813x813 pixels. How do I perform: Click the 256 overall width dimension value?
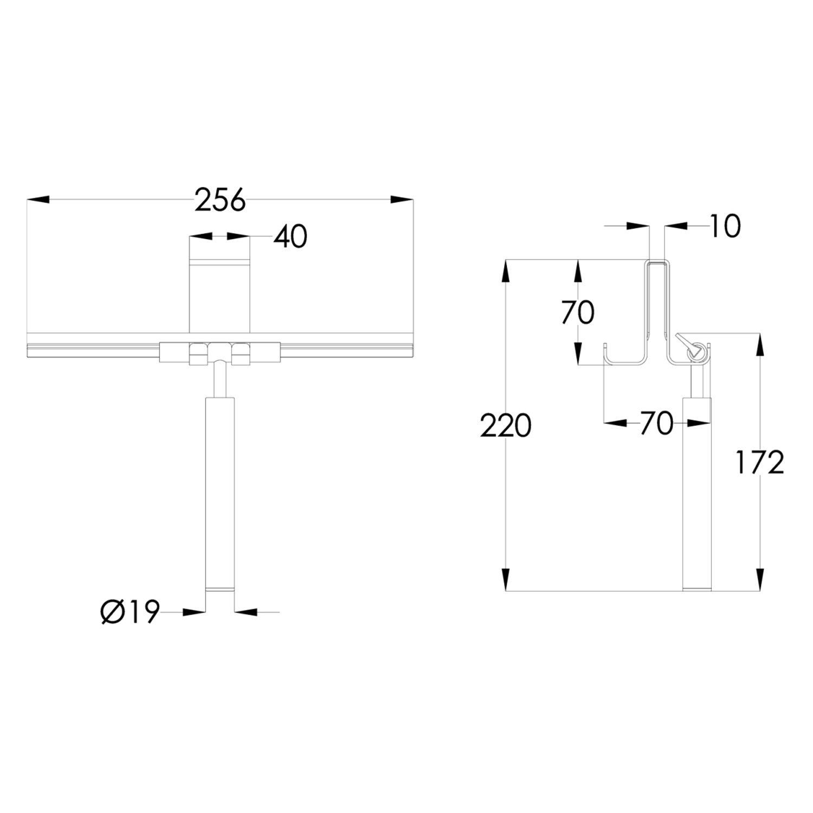click(x=220, y=200)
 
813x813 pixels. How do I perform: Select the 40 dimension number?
click(x=290, y=237)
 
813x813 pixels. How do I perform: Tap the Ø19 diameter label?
click(x=131, y=612)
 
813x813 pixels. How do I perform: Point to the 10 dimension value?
click(x=724, y=226)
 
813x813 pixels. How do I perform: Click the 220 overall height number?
click(x=505, y=426)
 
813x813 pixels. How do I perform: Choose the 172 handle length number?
click(x=759, y=462)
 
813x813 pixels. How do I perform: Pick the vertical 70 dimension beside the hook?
click(x=578, y=313)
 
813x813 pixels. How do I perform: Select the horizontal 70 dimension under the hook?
click(x=656, y=423)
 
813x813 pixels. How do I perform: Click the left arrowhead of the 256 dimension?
click(x=38, y=200)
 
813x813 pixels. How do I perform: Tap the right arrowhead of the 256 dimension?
click(x=402, y=200)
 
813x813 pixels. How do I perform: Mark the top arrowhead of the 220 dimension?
click(x=506, y=271)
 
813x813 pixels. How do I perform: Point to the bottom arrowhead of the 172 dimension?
click(x=760, y=579)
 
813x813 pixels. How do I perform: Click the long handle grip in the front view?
click(x=220, y=493)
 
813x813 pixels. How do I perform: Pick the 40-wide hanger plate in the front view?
click(x=220, y=298)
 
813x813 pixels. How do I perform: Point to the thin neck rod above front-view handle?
click(x=220, y=380)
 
